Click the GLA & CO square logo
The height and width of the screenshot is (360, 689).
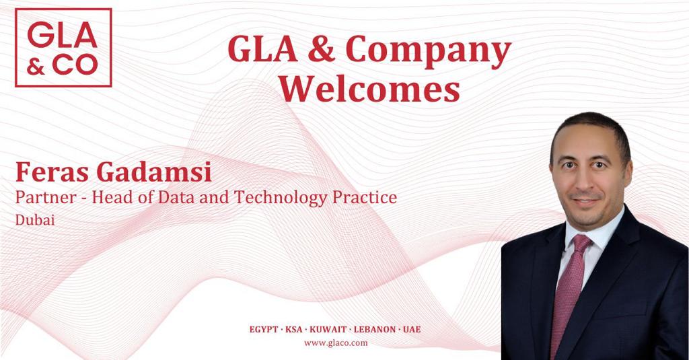(x=63, y=48)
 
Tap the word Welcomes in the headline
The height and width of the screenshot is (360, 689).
(x=369, y=88)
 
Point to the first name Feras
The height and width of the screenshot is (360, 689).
(x=52, y=172)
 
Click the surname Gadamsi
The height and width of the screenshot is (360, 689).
(x=154, y=172)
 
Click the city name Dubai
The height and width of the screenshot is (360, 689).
(x=35, y=220)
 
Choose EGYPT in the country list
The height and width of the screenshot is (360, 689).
(x=264, y=330)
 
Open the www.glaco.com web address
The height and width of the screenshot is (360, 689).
(x=336, y=343)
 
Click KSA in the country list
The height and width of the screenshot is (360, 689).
(x=294, y=330)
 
